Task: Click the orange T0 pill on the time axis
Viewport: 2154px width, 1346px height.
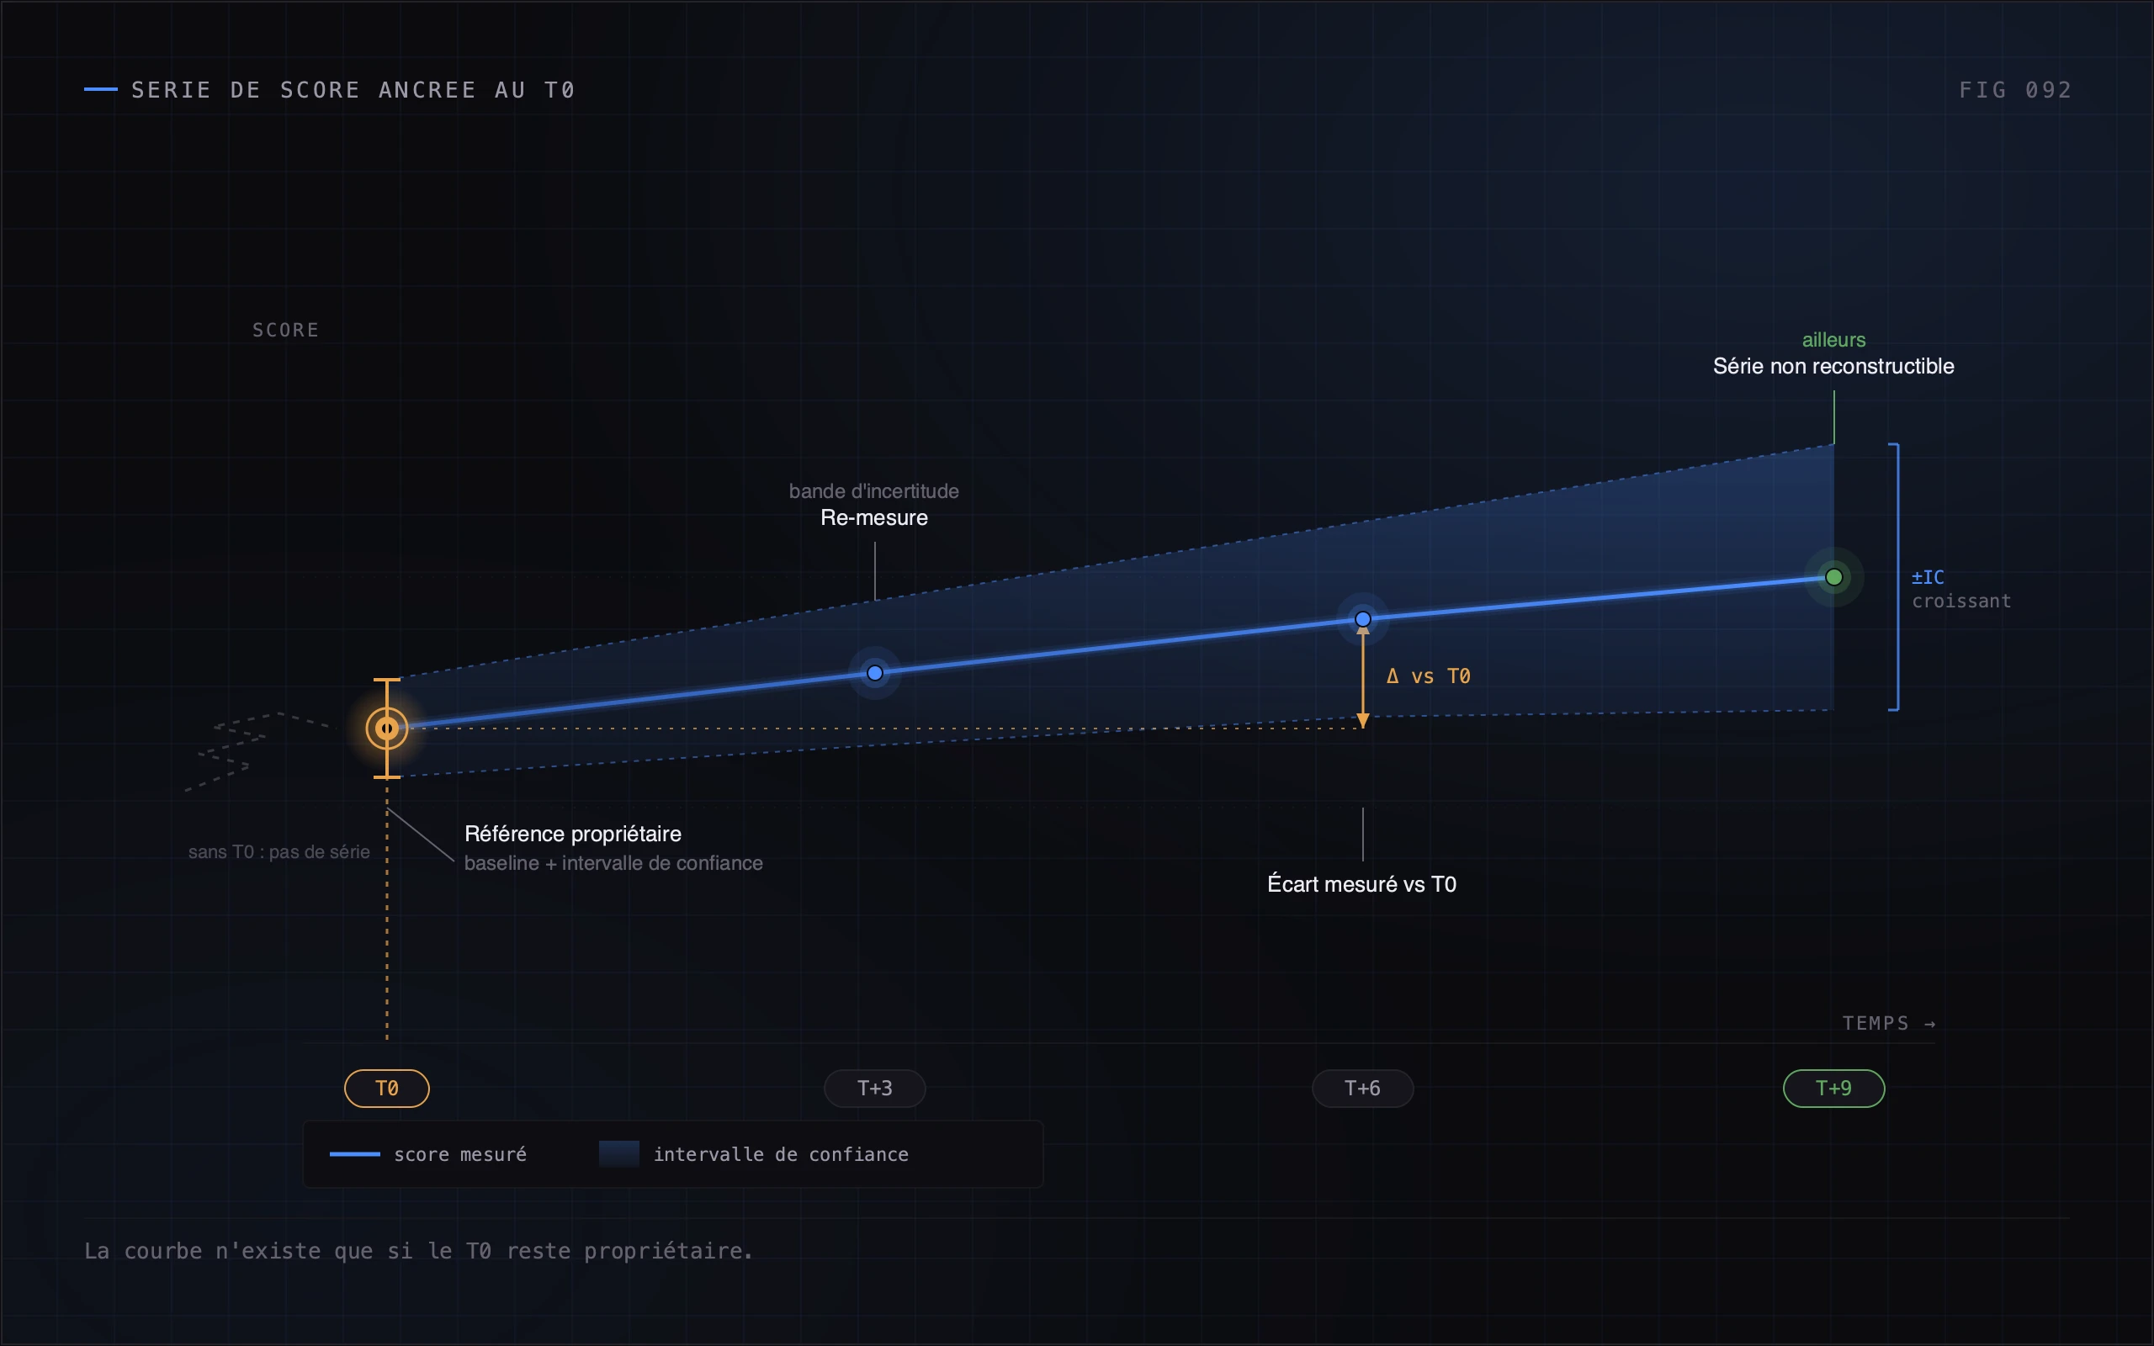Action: click(386, 1088)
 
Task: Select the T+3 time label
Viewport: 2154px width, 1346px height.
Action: click(874, 1088)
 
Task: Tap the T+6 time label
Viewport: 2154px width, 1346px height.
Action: click(1362, 1088)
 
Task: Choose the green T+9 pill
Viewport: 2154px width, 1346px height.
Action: click(1833, 1088)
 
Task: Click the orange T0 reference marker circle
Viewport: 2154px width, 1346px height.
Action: click(386, 729)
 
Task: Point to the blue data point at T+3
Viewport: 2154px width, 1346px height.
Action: click(875, 673)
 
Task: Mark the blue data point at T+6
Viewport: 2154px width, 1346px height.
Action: click(1363, 618)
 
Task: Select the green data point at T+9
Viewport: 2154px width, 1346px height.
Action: click(1833, 577)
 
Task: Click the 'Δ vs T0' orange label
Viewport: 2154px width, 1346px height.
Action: click(1428, 676)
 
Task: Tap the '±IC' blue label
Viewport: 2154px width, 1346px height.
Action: click(1928, 577)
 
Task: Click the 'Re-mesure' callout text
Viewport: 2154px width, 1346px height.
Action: click(874, 517)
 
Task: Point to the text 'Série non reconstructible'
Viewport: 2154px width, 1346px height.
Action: click(1833, 366)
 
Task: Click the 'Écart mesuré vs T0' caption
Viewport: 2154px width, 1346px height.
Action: click(1362, 884)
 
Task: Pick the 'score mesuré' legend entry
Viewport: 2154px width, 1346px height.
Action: click(428, 1154)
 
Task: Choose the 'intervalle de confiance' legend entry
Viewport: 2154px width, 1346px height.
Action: click(754, 1154)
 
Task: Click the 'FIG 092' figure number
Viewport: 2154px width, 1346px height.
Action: click(2015, 90)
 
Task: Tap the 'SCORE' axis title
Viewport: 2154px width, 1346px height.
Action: click(286, 331)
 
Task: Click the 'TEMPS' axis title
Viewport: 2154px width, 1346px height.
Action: click(1875, 1024)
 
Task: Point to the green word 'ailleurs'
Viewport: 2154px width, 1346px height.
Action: click(1833, 340)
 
